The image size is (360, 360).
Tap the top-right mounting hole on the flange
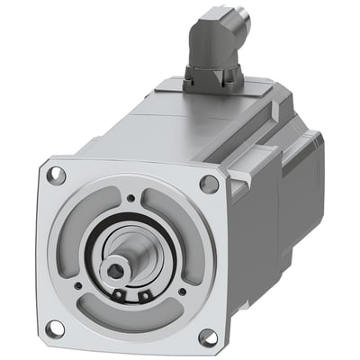coord(209,184)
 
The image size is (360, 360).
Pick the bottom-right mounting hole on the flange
coord(208,337)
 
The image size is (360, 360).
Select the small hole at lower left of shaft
coord(80,286)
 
